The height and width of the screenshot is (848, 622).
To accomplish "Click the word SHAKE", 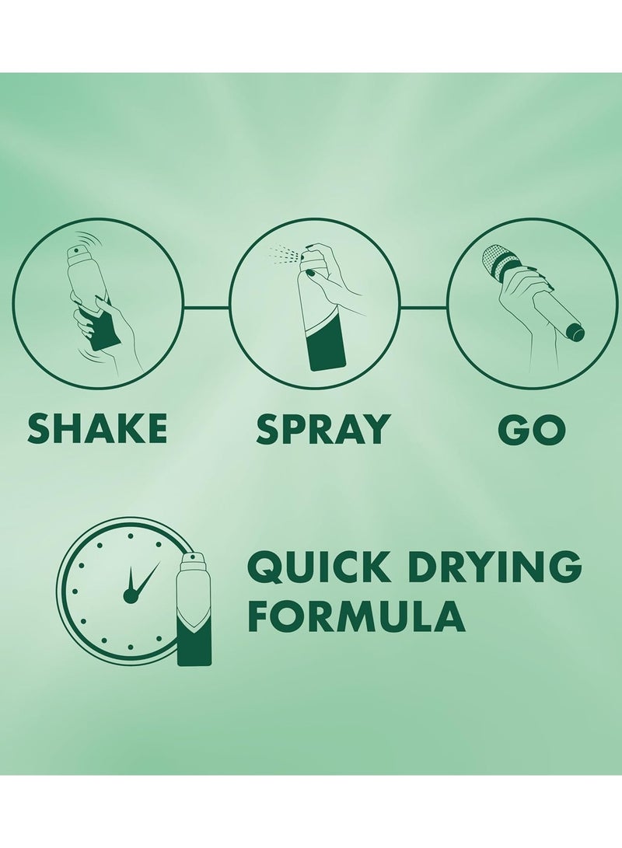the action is (x=97, y=428).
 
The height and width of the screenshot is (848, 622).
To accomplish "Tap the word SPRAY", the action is (x=323, y=428).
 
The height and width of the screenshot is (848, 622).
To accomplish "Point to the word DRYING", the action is (x=491, y=567).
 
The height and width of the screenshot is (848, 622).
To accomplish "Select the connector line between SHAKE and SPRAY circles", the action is (x=207, y=308).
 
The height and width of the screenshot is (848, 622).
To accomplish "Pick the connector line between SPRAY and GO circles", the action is (x=423, y=308).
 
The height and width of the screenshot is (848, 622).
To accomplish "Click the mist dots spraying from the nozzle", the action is (x=283, y=253).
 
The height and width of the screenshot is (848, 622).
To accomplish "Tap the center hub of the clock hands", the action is (x=131, y=595).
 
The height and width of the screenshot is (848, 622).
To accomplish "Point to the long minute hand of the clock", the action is (x=146, y=578).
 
